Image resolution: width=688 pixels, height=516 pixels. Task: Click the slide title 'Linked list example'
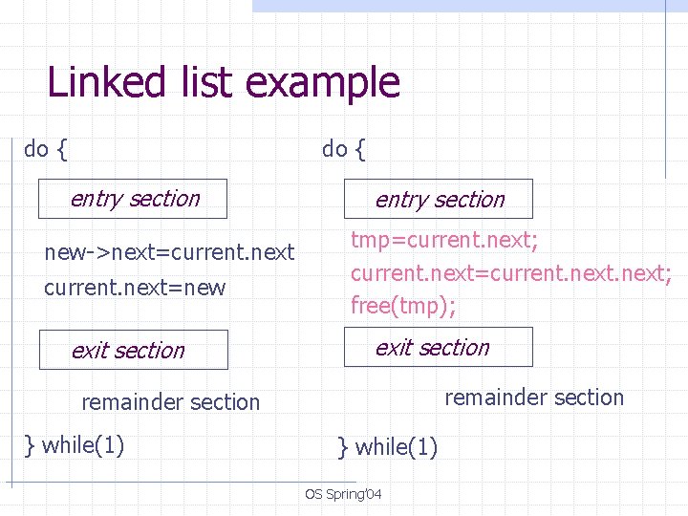[x=224, y=82]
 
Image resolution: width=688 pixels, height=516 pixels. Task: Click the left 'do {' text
[x=45, y=149]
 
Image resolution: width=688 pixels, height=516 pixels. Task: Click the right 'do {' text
[x=343, y=149]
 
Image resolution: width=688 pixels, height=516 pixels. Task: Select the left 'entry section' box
[x=133, y=199]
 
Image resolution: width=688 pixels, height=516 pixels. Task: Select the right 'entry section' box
[x=439, y=199]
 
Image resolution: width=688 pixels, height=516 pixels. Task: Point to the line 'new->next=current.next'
[x=169, y=253]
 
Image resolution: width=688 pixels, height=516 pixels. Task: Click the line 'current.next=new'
[x=135, y=288]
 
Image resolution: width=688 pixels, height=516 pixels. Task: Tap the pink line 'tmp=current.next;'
[x=444, y=240]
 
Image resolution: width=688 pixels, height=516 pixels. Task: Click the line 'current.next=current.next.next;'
[x=510, y=273]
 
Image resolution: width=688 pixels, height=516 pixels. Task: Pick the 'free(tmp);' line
[x=402, y=306]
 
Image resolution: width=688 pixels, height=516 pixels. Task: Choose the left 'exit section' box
[x=133, y=350]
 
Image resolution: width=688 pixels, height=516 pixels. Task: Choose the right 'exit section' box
[x=439, y=347]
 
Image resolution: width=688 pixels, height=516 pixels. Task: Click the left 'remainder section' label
[x=170, y=402]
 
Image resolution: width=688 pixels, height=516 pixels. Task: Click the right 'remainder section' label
[x=534, y=398]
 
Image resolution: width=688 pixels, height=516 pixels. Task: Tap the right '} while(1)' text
[x=387, y=446]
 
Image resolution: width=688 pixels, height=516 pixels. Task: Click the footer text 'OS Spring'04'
[x=343, y=494]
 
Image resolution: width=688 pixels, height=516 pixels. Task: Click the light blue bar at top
[x=468, y=5]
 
